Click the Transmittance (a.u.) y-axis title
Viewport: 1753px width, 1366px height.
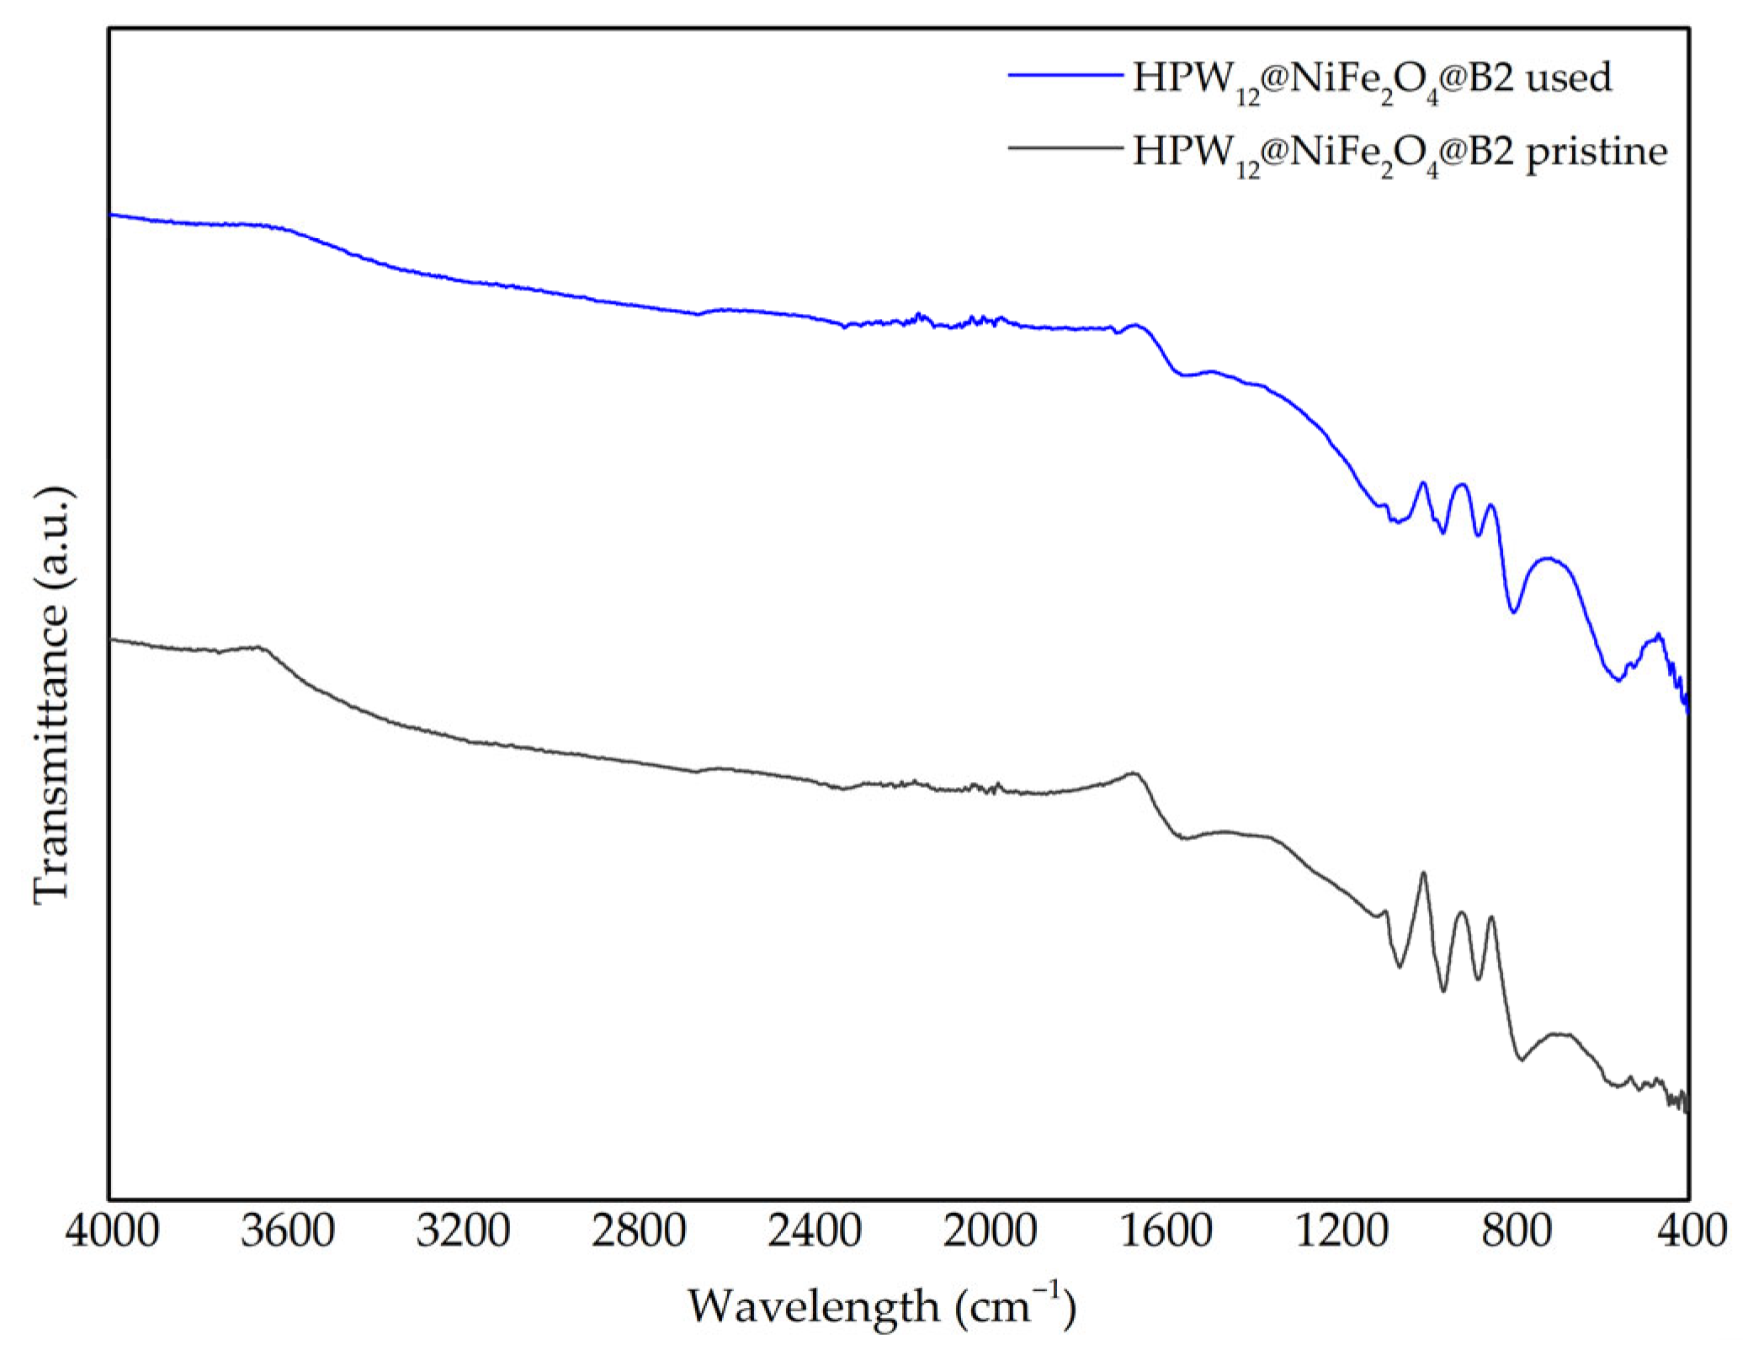coord(52,696)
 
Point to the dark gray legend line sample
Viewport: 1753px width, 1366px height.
coord(1065,148)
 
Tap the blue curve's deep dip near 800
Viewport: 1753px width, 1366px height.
coord(1513,612)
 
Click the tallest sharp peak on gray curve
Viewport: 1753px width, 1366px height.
coord(1423,873)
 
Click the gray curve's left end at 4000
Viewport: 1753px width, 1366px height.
coord(111,640)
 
